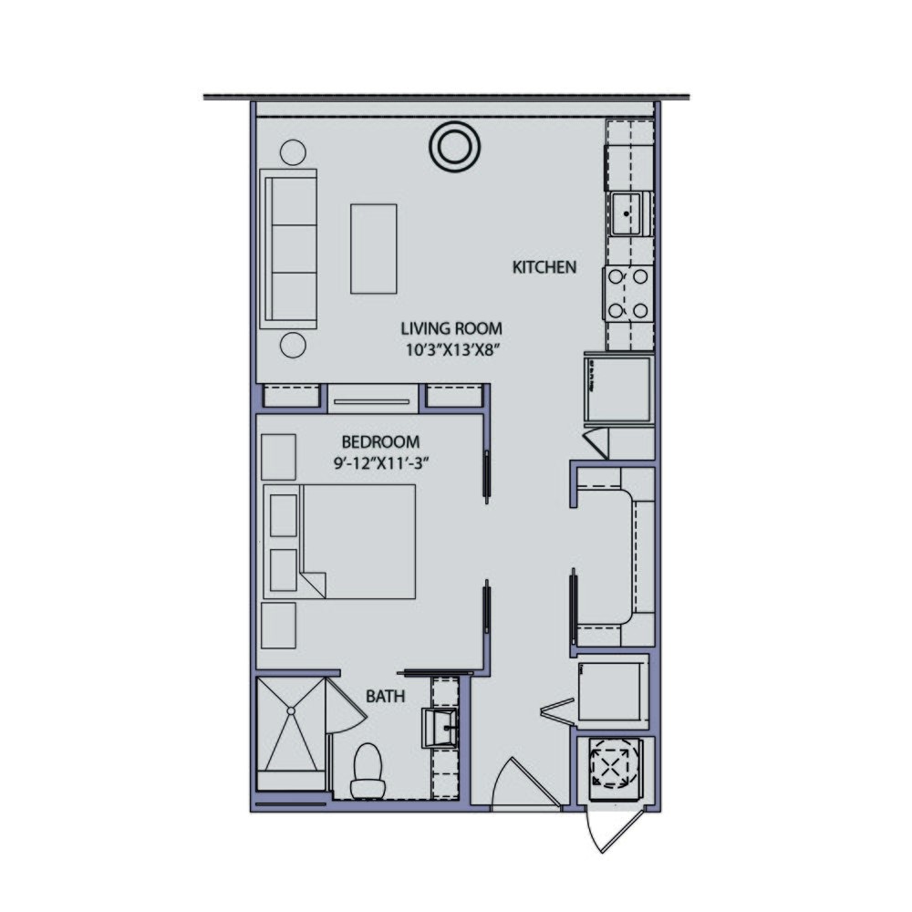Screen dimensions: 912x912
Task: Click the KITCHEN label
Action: pos(544,268)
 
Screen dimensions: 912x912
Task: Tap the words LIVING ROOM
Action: pos(451,328)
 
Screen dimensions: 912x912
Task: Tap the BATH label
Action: pos(387,697)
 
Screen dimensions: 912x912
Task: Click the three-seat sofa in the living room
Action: pos(288,248)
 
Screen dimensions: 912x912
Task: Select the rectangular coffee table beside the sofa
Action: pos(374,248)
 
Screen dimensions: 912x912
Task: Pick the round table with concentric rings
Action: pos(453,146)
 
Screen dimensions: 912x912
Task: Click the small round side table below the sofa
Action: pos(293,345)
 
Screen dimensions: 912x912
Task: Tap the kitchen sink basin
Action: pos(627,214)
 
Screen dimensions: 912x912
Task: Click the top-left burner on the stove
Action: pos(615,276)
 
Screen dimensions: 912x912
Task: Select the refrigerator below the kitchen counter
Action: pos(617,389)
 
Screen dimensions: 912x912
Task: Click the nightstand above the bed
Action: pos(278,456)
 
